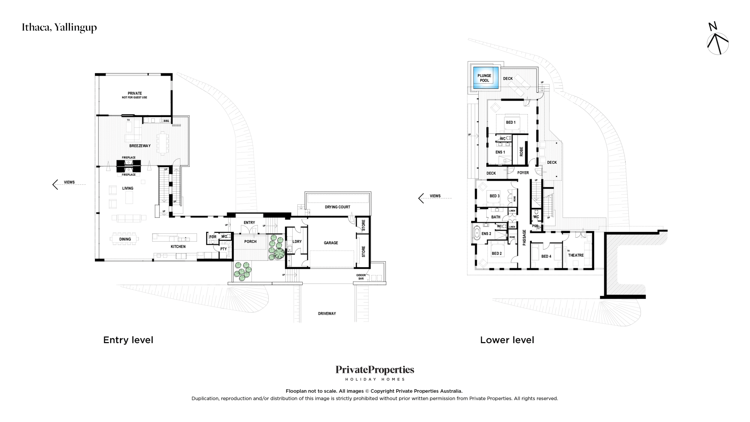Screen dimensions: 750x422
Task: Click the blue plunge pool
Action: pos(486,78)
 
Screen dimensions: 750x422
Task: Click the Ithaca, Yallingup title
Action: pos(59,28)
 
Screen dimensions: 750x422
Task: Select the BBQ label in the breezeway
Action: pos(166,121)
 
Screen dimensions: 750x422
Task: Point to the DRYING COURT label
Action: pos(337,207)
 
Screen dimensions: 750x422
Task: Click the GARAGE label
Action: pos(331,243)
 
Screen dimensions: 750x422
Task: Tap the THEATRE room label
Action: pos(576,255)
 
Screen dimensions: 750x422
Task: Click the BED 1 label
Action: pos(511,122)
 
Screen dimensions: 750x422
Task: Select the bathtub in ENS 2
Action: pos(477,233)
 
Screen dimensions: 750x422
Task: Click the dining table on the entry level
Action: pos(125,239)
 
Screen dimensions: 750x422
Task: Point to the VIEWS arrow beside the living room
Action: pos(69,184)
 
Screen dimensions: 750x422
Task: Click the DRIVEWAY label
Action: pos(327,314)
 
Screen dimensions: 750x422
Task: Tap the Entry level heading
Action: pos(128,340)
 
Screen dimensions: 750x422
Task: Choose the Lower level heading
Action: pos(507,340)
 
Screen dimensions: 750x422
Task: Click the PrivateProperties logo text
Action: pos(375,370)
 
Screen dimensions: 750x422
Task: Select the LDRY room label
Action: pos(297,241)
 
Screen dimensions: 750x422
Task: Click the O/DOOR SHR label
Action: pos(361,277)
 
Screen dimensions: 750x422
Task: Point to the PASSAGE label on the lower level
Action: pos(524,237)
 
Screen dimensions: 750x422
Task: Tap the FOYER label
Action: pos(523,173)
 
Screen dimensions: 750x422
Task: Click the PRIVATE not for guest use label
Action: pos(135,95)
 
